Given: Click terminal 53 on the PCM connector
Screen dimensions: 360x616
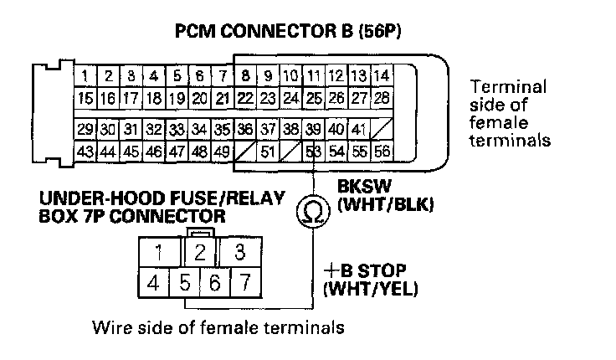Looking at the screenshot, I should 314,152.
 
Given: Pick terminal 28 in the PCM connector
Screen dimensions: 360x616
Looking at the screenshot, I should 381,98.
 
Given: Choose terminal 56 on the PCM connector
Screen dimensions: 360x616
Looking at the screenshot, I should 382,152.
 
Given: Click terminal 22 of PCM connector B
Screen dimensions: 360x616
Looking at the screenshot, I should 245,98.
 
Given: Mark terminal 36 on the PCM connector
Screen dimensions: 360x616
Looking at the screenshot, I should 245,131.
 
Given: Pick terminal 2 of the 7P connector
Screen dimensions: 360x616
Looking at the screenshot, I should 200,251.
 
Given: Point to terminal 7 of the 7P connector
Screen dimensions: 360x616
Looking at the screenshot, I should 243,283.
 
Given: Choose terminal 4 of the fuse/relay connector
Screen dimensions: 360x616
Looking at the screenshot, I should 152,283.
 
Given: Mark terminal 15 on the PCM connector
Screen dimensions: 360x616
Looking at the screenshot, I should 86,98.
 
